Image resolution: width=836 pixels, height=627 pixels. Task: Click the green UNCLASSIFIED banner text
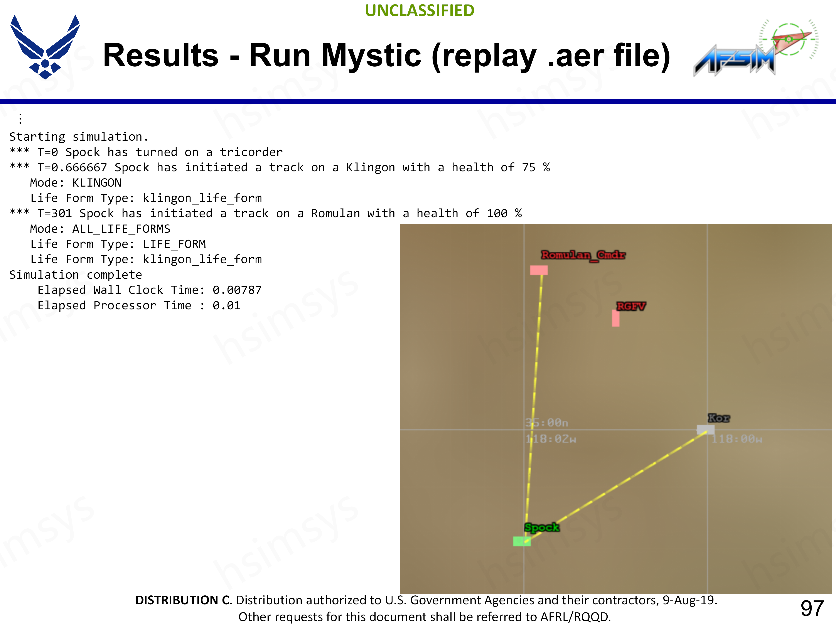(x=420, y=11)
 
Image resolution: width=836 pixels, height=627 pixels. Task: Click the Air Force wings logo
(x=45, y=47)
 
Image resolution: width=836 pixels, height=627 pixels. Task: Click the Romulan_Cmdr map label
(x=583, y=255)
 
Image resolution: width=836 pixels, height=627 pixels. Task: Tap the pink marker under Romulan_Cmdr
(x=539, y=270)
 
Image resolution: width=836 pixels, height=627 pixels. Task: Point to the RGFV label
(x=631, y=306)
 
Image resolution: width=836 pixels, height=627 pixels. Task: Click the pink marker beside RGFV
(x=616, y=318)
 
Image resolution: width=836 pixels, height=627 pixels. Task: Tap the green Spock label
(x=542, y=528)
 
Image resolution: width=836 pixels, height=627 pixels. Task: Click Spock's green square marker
(x=522, y=541)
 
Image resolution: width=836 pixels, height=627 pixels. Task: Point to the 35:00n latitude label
(x=546, y=423)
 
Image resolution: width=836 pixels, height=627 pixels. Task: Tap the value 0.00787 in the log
(x=237, y=290)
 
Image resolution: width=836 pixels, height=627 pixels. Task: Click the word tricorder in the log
(x=251, y=152)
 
